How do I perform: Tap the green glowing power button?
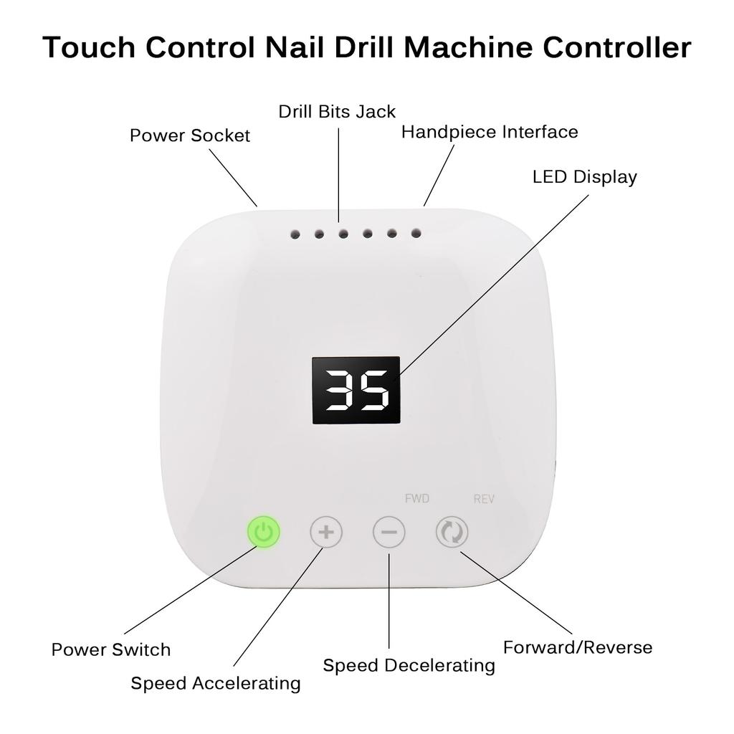coord(264,532)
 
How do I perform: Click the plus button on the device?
coord(326,533)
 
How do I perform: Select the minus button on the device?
coord(389,533)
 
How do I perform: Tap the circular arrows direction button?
coord(452,533)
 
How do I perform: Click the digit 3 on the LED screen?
coord(338,391)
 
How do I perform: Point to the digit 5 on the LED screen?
coord(375,391)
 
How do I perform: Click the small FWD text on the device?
coord(417,498)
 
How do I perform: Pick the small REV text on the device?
coord(484,499)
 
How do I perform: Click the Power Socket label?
coord(190,135)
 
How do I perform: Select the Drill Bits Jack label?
coord(337,112)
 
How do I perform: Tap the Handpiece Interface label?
coord(490,132)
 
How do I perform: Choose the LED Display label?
coord(584,176)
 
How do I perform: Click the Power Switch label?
coord(111,650)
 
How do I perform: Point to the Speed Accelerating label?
coord(215,684)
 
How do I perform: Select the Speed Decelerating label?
coord(409,666)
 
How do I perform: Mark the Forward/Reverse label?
coord(578,648)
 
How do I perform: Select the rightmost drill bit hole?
coord(416,233)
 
